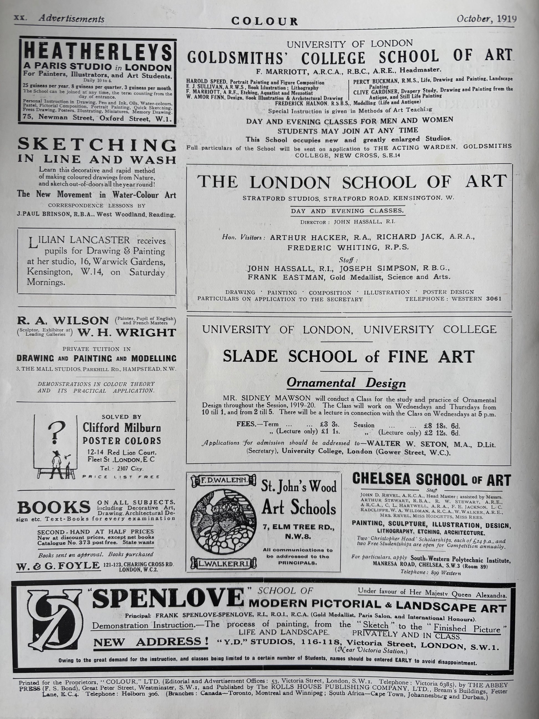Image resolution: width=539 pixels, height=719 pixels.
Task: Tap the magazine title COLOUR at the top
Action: pos(264,22)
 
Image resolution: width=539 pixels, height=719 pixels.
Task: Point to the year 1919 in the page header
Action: pos(507,19)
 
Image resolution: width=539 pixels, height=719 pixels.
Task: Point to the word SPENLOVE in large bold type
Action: pos(168,599)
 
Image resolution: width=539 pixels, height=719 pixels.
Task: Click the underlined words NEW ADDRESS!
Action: pos(151,642)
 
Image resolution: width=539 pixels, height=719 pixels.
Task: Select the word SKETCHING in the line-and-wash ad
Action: pos(97,145)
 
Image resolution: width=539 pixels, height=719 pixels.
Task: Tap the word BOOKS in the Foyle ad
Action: pos(54,507)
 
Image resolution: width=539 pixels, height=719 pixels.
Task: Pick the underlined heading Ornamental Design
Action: pos(346,383)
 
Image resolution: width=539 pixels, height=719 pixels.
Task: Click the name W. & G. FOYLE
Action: pos(58,566)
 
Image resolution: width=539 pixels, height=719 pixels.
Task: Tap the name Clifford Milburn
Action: pos(121,428)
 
